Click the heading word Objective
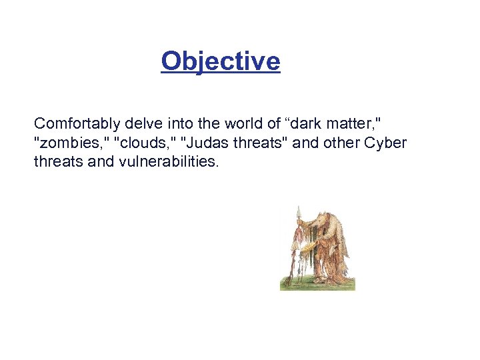(221, 61)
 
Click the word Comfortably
(76, 123)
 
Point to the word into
(177, 123)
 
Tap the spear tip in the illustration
(299, 211)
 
